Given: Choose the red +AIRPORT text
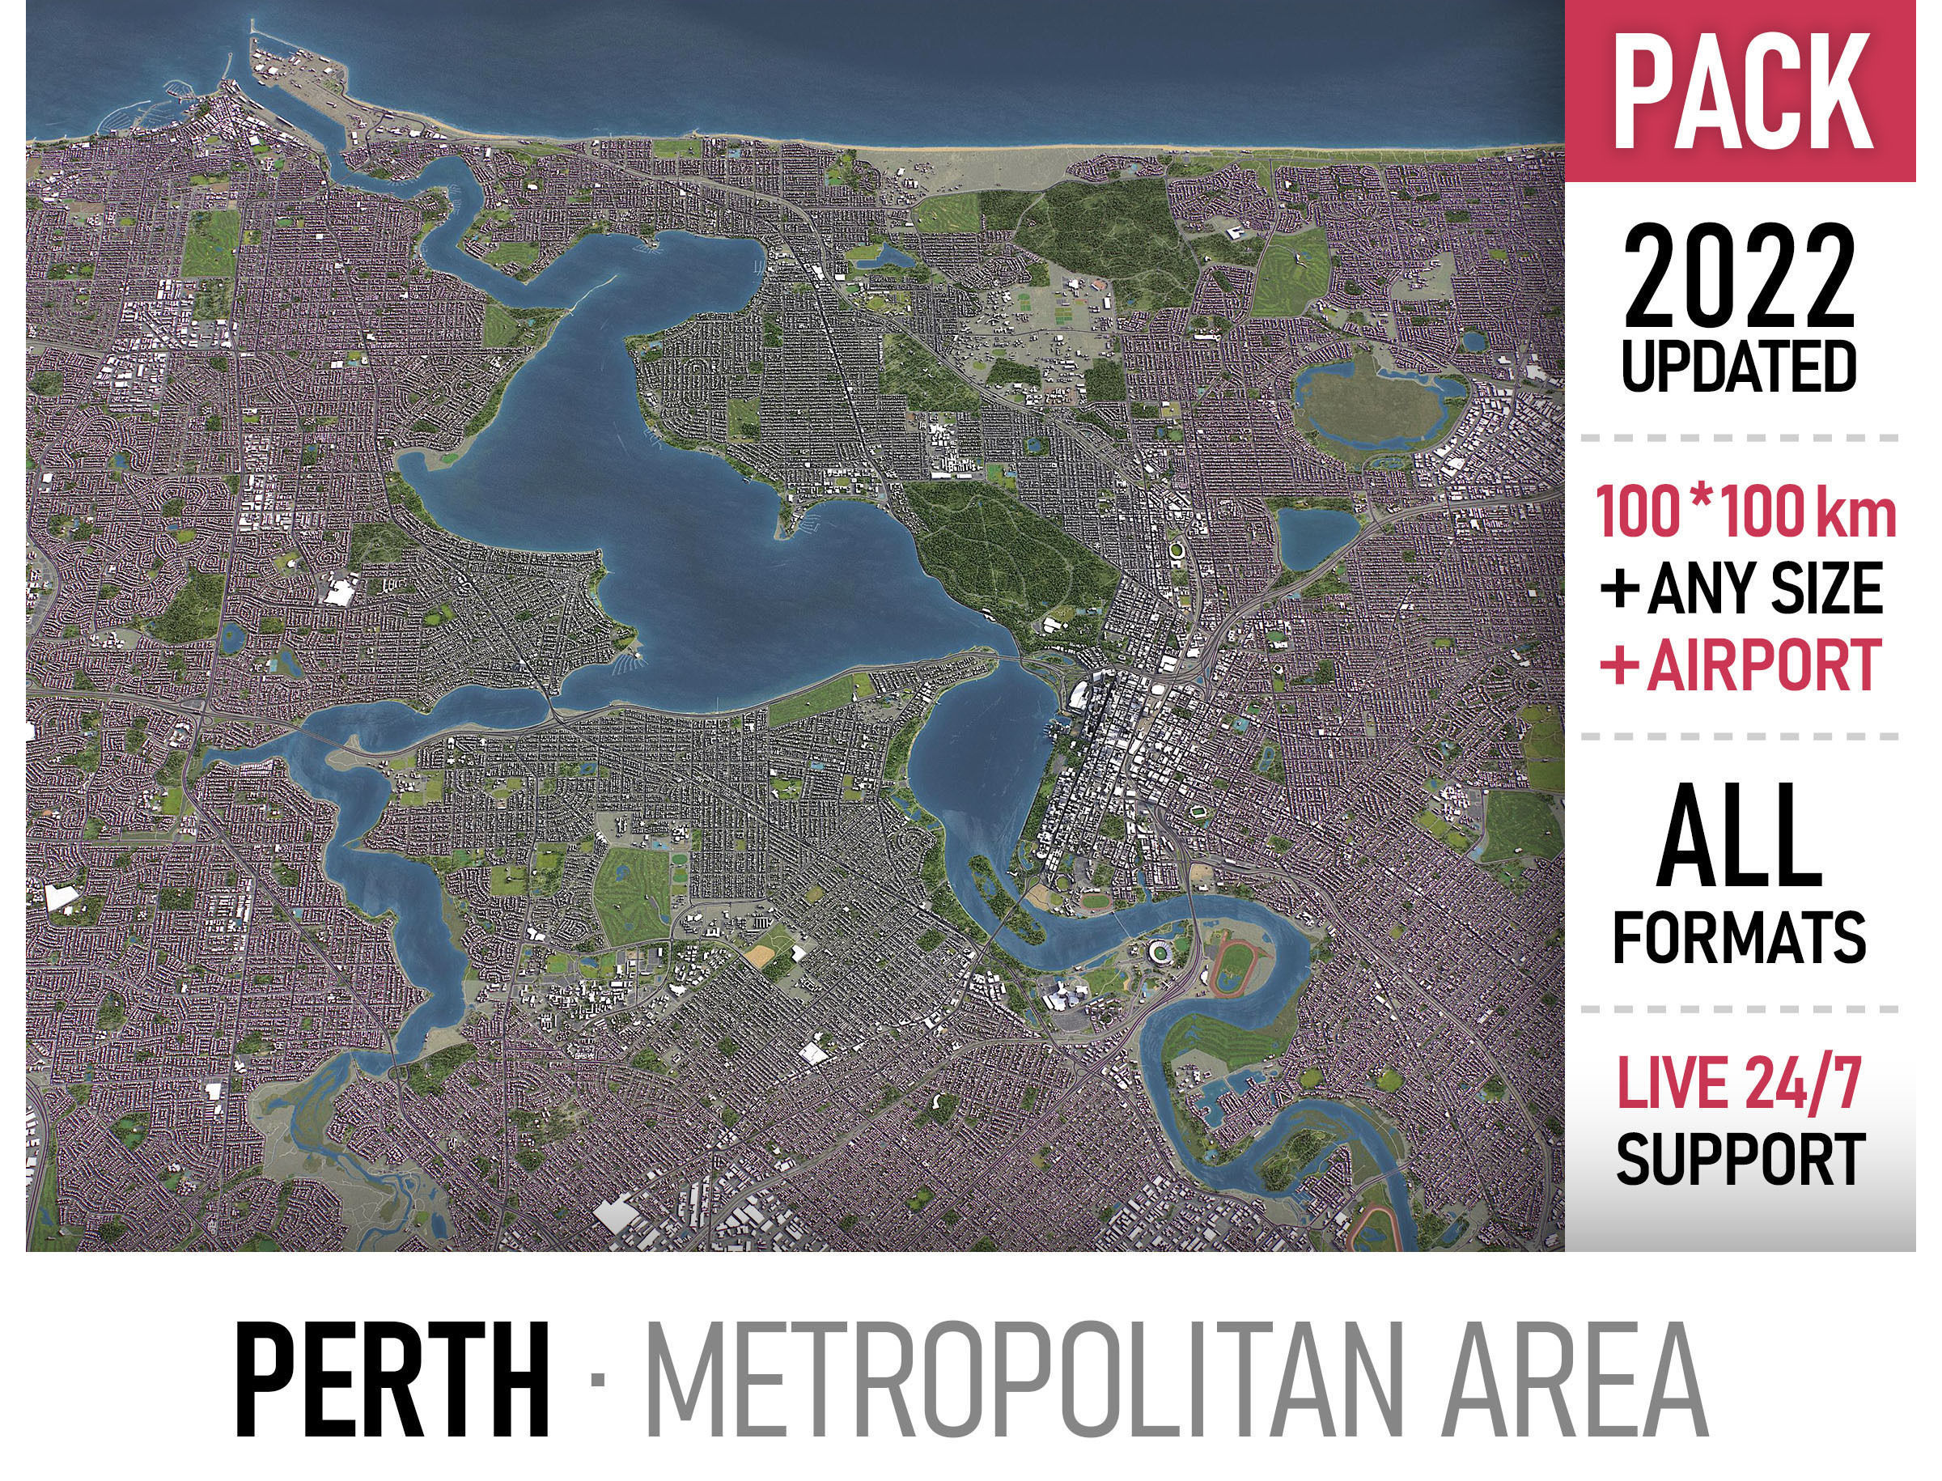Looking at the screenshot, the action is [1742, 664].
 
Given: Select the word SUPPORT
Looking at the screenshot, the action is [1741, 1159].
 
